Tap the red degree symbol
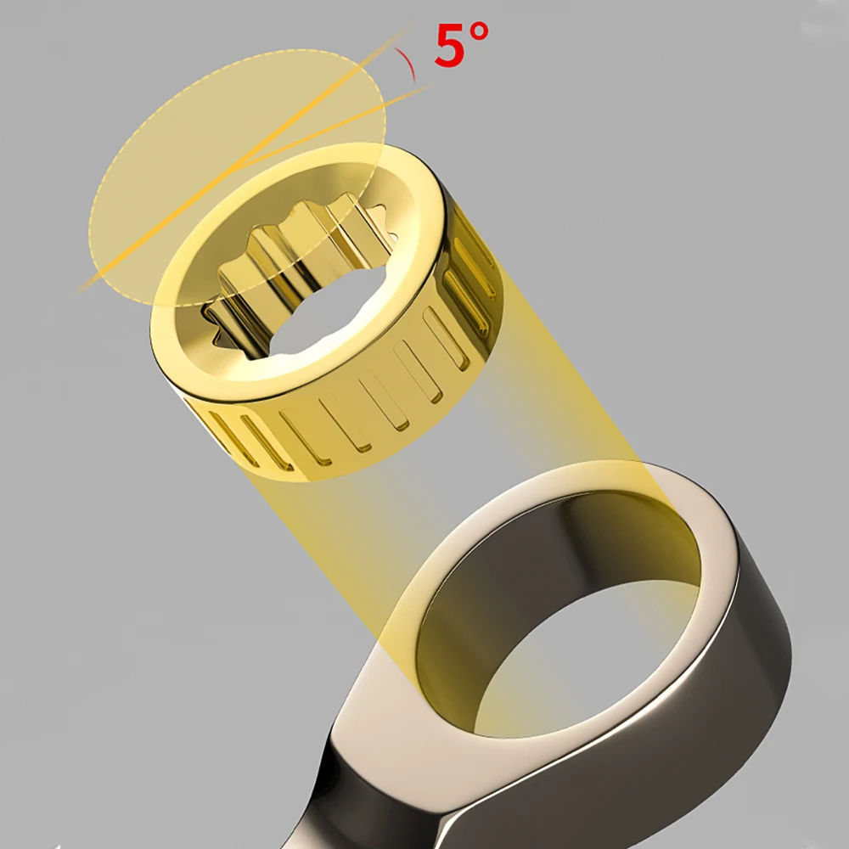(480, 32)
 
